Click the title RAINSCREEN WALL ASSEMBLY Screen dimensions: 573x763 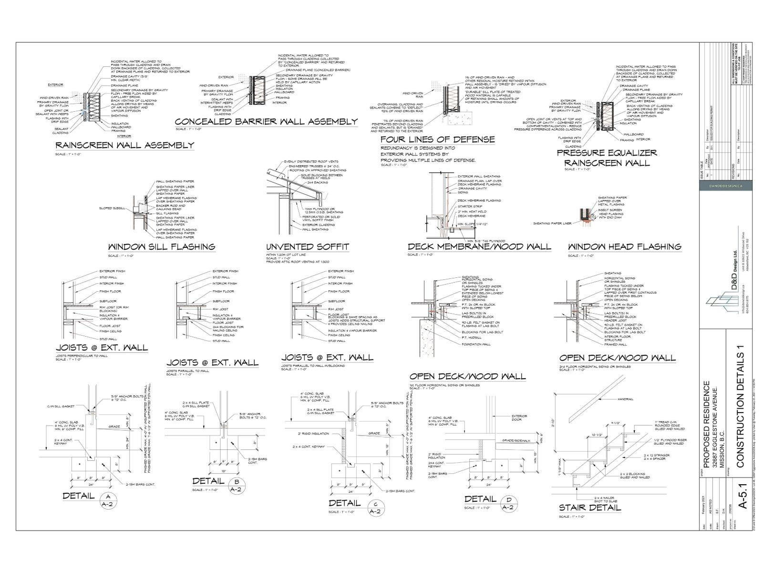coord(124,145)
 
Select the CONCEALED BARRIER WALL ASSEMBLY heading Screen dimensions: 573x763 coord(266,121)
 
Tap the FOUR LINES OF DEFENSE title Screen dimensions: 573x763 coord(437,139)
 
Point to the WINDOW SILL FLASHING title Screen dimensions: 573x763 coord(162,247)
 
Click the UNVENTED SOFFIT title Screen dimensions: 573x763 coord(308,247)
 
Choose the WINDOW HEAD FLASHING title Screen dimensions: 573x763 coord(624,246)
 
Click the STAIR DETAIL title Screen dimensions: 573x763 coord(590,507)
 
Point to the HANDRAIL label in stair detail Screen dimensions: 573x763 coord(625,399)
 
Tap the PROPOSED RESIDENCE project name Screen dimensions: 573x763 coord(707,424)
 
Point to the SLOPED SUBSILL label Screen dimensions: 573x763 coord(113,208)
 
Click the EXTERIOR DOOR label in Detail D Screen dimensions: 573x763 coord(519,418)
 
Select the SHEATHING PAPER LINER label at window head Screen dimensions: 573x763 coord(552,223)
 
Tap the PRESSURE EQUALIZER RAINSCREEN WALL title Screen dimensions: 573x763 coord(607,158)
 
